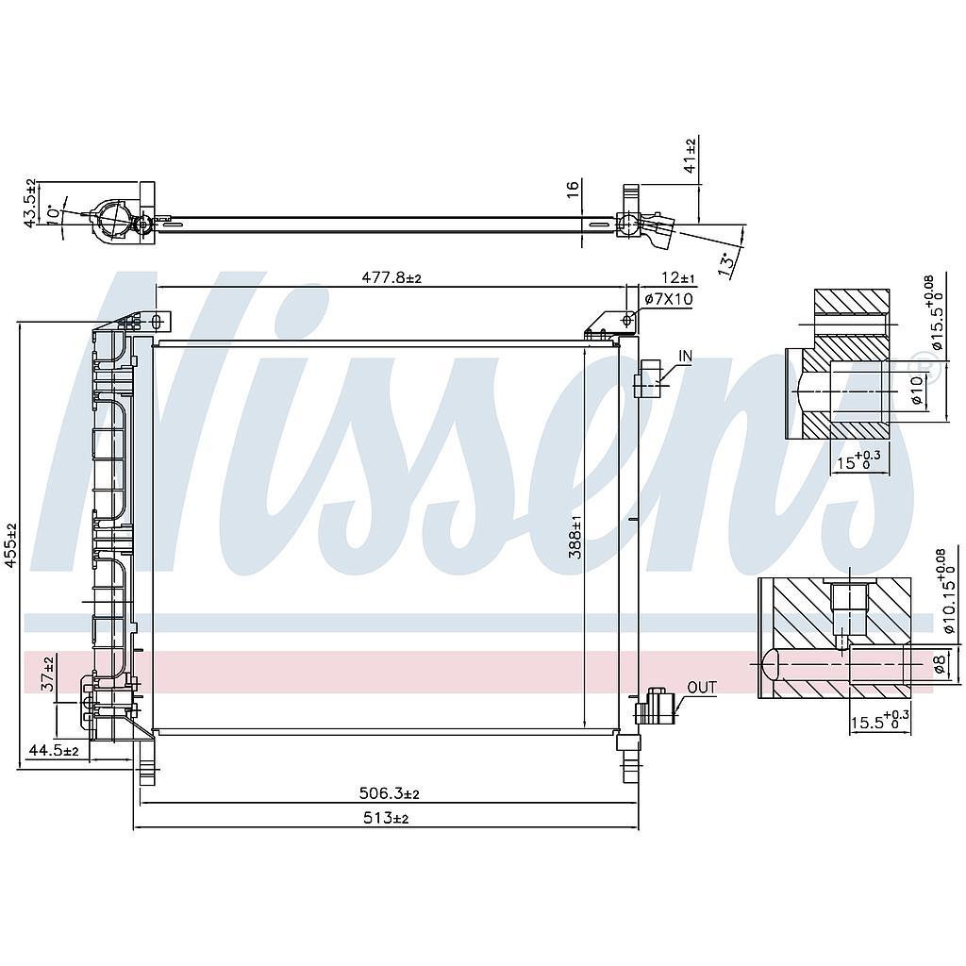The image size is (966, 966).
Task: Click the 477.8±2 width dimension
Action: tap(391, 277)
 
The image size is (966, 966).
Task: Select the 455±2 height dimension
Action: tap(10, 546)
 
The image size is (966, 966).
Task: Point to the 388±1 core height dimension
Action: tap(575, 538)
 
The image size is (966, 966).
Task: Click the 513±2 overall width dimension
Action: tap(387, 819)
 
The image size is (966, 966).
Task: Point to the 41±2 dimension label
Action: tap(690, 156)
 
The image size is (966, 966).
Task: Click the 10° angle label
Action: tap(54, 215)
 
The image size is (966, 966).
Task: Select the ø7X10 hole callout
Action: tap(669, 299)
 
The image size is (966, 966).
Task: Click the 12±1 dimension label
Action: tap(677, 277)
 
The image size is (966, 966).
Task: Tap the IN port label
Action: tap(685, 357)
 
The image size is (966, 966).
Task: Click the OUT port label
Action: tap(701, 688)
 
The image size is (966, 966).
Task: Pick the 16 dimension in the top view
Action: tap(573, 189)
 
